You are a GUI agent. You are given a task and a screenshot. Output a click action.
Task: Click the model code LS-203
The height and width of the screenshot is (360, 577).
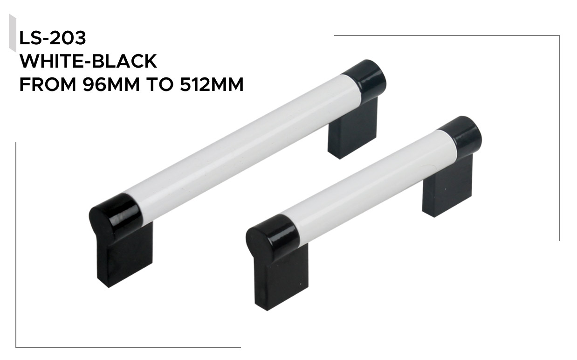point(52,38)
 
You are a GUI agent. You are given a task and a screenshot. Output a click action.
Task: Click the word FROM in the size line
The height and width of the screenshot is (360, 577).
point(48,84)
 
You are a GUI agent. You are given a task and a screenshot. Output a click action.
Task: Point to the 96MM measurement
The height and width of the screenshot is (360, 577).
point(111,84)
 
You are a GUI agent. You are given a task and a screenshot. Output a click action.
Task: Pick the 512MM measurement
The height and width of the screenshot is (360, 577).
point(212,84)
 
